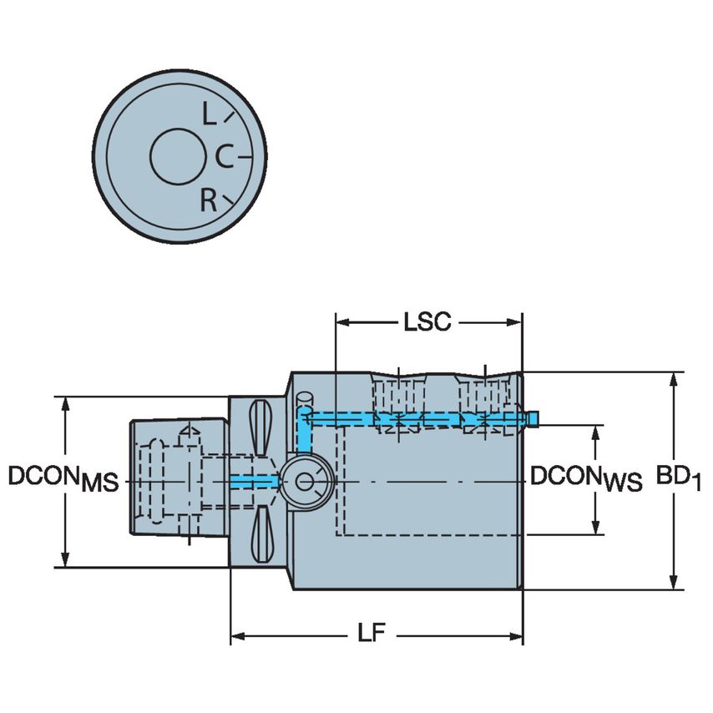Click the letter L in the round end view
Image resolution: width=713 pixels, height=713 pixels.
coord(209,113)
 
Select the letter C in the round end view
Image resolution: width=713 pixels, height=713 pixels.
coord(224,155)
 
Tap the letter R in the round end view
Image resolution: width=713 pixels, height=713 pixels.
coord(209,200)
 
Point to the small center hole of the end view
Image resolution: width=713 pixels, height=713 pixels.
coord(178,156)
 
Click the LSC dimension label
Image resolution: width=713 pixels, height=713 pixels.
coord(427,322)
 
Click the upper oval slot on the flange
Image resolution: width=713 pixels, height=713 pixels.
coord(260,425)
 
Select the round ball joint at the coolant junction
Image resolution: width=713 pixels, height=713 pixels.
coord(304,481)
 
